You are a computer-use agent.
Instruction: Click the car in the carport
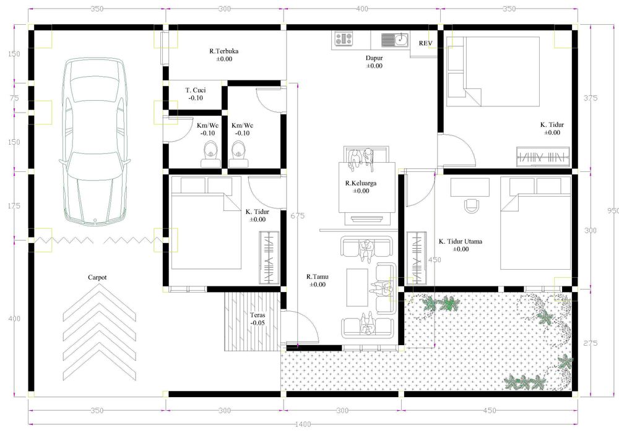(x=95, y=140)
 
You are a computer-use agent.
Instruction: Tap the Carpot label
(x=97, y=277)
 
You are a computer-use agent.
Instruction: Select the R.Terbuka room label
(x=224, y=51)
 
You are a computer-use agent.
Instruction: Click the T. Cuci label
(x=196, y=90)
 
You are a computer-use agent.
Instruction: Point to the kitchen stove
(x=344, y=38)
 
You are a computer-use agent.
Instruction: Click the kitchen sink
(x=395, y=40)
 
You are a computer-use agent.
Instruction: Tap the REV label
(x=426, y=43)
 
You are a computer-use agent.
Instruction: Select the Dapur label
(x=374, y=58)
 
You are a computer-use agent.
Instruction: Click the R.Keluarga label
(x=361, y=183)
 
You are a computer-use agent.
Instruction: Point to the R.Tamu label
(x=318, y=277)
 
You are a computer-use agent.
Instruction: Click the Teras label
(x=258, y=315)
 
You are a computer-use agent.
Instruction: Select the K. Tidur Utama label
(x=461, y=241)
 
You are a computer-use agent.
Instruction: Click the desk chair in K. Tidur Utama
(x=471, y=205)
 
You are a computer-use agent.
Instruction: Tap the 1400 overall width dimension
(x=303, y=424)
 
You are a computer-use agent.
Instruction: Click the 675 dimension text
(x=297, y=216)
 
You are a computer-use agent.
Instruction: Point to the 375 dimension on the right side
(x=591, y=98)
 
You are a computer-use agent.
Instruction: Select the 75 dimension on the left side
(x=14, y=98)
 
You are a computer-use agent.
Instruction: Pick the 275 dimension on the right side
(x=591, y=343)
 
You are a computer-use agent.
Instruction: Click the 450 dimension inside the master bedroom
(x=435, y=259)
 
